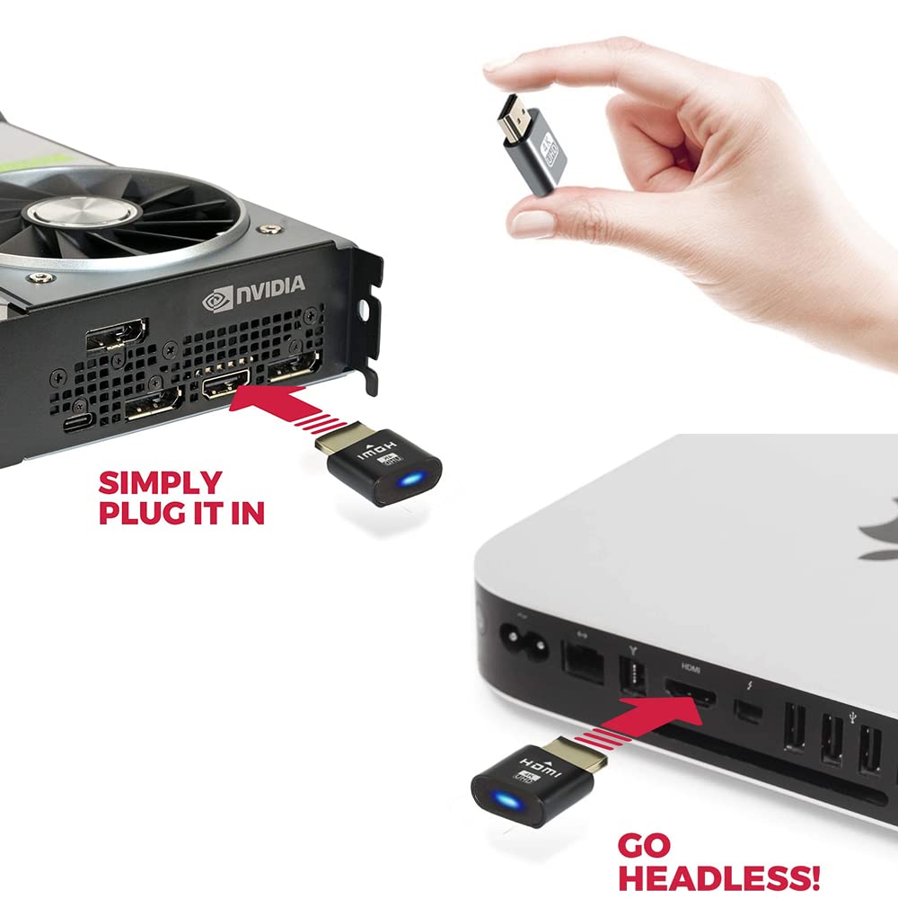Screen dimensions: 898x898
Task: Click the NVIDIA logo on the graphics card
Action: [254, 294]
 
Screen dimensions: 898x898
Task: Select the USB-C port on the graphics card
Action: [78, 423]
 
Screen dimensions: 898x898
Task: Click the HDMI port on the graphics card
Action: [225, 383]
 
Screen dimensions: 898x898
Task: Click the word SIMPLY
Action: [161, 482]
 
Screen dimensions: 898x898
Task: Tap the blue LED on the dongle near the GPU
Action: [410, 479]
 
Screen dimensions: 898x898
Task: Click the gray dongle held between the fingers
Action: [532, 145]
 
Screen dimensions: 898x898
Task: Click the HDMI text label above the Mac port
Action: [690, 667]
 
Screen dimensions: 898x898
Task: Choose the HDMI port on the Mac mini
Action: [690, 693]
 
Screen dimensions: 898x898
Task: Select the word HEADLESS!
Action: [718, 877]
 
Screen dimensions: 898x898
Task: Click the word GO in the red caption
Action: [644, 845]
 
